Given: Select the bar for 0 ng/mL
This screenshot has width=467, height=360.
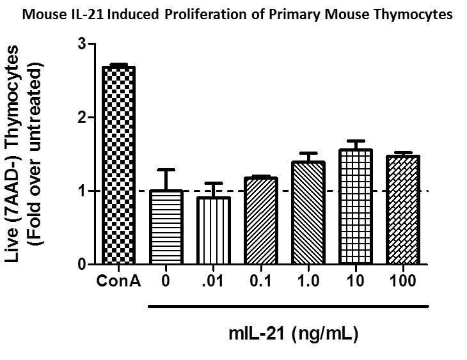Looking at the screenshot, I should (166, 227).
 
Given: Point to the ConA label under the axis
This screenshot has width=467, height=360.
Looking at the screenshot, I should (119, 280).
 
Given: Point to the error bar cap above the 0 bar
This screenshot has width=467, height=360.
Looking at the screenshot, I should (166, 170).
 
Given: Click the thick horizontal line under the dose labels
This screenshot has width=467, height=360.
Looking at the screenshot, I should (288, 306).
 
